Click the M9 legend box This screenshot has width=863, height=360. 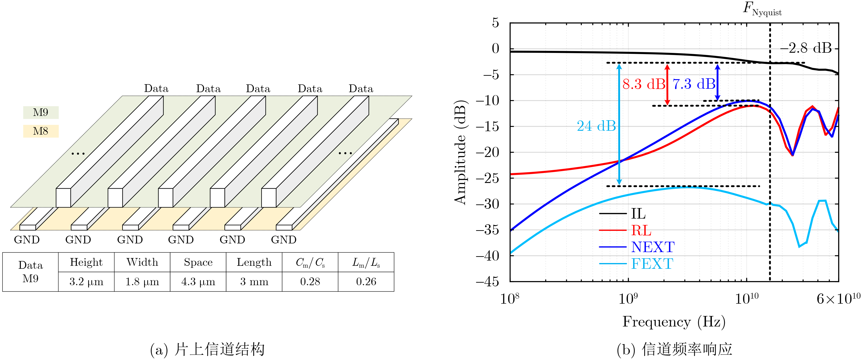41,112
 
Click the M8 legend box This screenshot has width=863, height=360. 41,131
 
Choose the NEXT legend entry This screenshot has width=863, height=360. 653,247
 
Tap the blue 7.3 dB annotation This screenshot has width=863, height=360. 694,84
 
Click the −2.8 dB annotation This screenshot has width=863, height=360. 806,48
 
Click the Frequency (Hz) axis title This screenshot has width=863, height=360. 674,322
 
